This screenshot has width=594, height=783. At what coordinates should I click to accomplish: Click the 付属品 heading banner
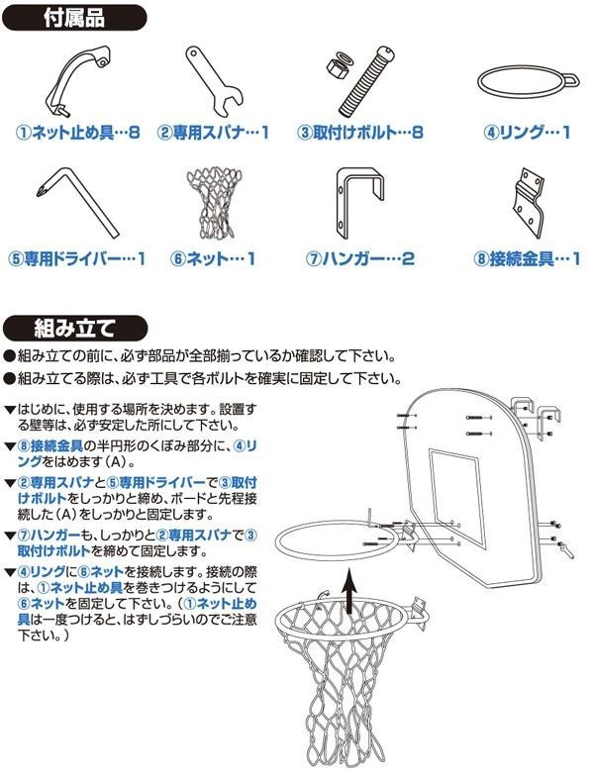[74, 18]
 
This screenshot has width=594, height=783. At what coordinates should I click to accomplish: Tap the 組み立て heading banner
[75, 328]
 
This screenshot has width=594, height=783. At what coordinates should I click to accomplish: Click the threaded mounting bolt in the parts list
[366, 82]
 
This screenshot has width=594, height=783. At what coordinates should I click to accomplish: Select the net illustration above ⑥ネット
[214, 202]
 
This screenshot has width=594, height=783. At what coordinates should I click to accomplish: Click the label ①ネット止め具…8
[77, 133]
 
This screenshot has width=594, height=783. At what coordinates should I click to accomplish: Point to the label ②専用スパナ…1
[213, 133]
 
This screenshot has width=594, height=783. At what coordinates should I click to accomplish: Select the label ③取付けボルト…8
[360, 133]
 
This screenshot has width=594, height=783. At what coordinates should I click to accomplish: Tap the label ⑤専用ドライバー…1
[76, 258]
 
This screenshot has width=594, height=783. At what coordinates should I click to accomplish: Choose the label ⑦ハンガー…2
[359, 258]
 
